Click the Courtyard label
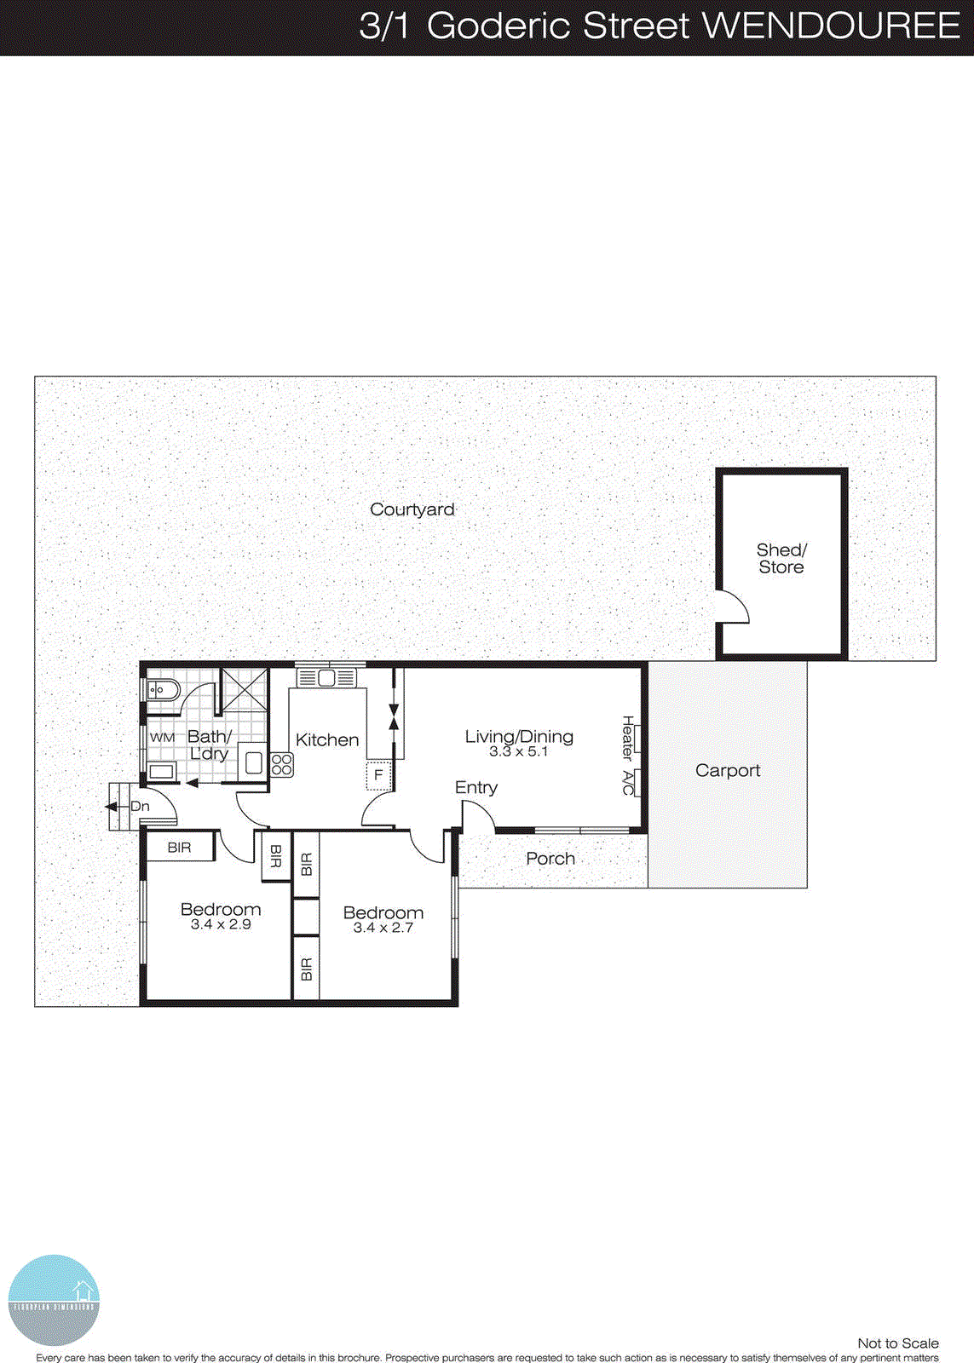coord(412,509)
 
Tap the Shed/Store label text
coord(781,559)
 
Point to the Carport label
coord(728,771)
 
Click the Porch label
coord(550,859)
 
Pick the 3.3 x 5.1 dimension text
coord(519,752)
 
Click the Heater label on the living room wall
coord(628,738)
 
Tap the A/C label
coord(628,783)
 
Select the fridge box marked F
coord(378,776)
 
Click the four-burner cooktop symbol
coord(282,764)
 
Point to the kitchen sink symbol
coord(326,678)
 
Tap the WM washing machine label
coord(162,737)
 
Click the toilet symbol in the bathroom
coord(162,689)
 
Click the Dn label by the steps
coord(140,806)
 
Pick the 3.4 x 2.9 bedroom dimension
coord(221,924)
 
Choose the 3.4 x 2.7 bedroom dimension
coord(383,928)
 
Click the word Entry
coord(476,787)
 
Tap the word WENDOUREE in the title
coord(831,26)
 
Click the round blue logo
coord(54,1300)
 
